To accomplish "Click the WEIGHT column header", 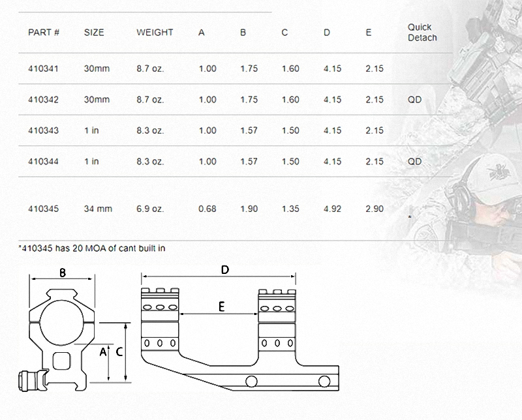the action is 155,32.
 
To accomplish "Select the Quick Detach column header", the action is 422,32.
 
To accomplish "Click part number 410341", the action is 43,68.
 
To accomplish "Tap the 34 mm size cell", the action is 98,209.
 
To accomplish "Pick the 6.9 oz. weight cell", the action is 150,209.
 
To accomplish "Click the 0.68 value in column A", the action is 207,209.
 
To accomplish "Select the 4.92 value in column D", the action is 332,209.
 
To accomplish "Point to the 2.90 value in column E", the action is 375,209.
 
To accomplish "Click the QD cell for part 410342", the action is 414,100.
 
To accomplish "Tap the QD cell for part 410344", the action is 414,161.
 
